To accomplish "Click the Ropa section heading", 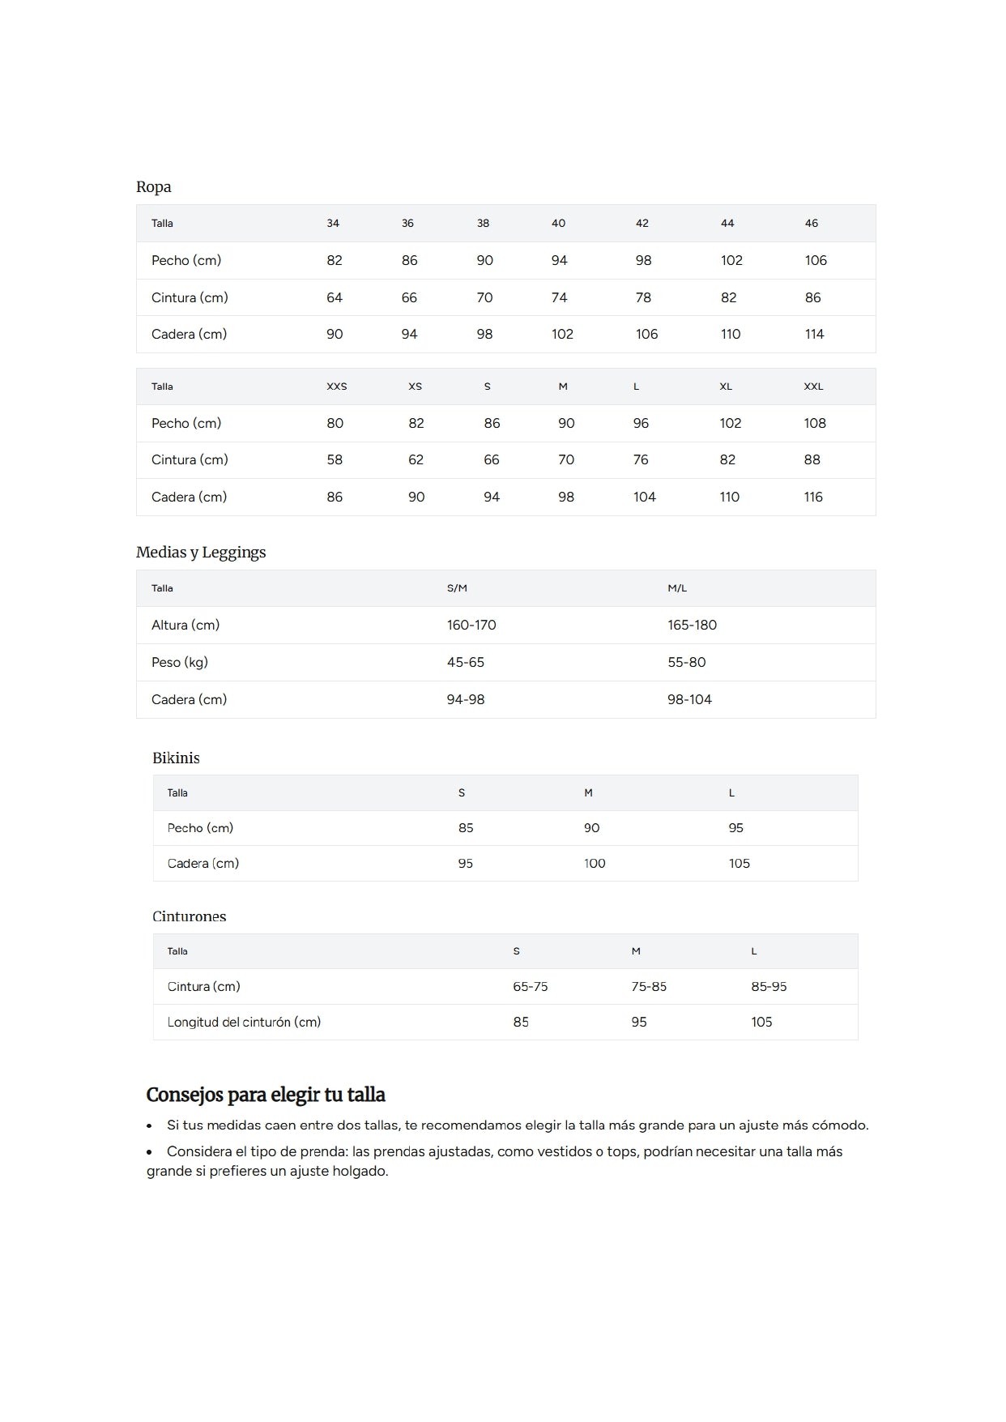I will tap(153, 187).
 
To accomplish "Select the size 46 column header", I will tap(811, 223).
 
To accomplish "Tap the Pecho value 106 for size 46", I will tap(815, 260).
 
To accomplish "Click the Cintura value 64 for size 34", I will tap(334, 297).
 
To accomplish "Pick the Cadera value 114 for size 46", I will tap(814, 334).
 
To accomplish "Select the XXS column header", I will tap(336, 386).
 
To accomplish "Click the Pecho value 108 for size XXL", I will tap(814, 423).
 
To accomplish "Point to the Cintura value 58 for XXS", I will tap(334, 459).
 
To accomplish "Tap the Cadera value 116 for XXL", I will tap(812, 497).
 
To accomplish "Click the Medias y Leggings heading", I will tap(201, 553).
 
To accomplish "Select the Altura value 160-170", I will tap(471, 625).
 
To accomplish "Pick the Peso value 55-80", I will tap(686, 662).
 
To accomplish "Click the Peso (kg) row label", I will tap(179, 662).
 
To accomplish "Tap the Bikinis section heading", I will tap(176, 758).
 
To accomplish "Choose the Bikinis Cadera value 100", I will tap(594, 863).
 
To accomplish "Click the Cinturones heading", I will tap(189, 916).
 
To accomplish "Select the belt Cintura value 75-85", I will tap(648, 986).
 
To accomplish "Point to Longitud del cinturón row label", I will tap(244, 1022).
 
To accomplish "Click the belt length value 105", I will tap(761, 1022).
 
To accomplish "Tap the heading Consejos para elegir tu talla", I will tap(266, 1095).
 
